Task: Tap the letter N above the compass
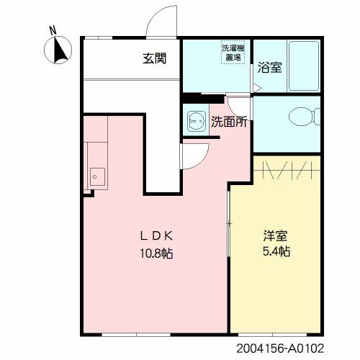52,30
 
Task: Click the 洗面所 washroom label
230,122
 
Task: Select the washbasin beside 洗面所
195,120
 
